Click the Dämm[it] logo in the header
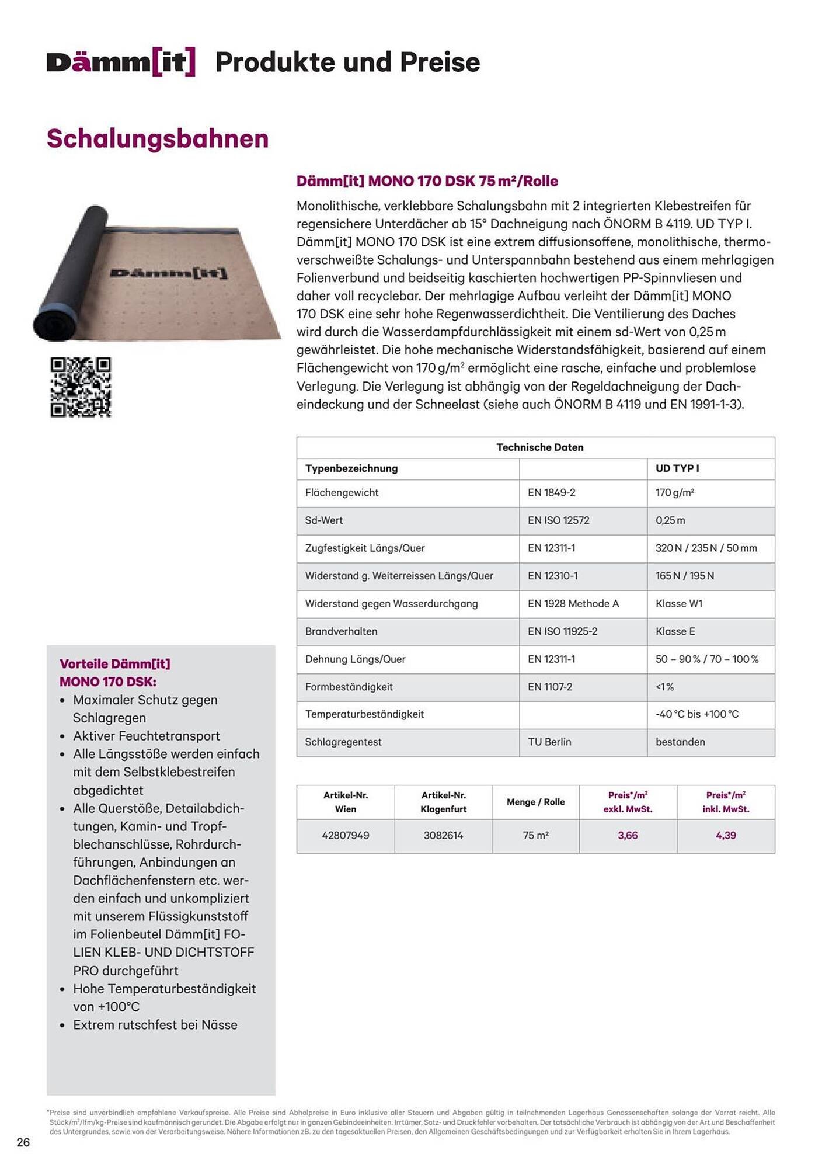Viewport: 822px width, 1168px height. pos(121,62)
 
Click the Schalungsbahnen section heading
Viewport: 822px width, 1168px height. pos(158,139)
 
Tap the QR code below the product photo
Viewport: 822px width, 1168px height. pos(81,387)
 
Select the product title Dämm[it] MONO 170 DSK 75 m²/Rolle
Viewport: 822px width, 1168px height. pos(427,181)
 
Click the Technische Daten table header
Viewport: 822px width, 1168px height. pos(539,447)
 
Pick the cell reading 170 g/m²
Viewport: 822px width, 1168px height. pos(674,493)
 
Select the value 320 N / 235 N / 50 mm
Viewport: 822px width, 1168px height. pos(706,548)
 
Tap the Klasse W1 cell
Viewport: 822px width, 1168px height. pos(678,604)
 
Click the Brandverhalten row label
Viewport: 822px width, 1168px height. pos(341,631)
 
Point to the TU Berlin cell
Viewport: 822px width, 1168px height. pos(549,742)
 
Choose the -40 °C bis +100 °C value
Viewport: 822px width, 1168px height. pos(696,714)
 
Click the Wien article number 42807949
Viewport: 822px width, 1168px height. pos(346,836)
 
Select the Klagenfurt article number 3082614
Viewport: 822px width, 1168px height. pos(443,836)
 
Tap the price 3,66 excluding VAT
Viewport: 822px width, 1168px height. pos(628,836)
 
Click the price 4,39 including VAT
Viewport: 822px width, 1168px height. pos(726,836)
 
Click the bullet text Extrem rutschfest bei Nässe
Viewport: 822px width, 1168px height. pos(155,1025)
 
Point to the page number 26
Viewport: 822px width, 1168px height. pos(23,1142)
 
